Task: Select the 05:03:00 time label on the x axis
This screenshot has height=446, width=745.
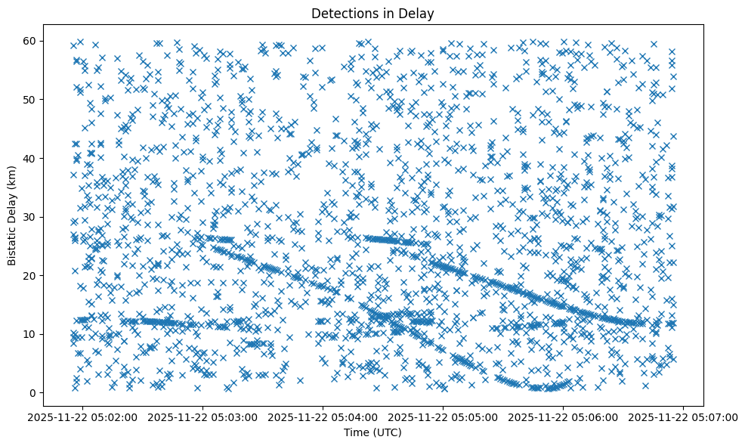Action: tap(203, 416)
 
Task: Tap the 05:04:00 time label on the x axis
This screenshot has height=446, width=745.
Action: tap(323, 416)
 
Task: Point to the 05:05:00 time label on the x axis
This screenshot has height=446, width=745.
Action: tap(444, 416)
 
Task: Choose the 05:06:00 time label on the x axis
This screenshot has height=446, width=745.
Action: tap(564, 416)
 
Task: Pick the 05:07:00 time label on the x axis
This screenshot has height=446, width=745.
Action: tap(684, 416)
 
